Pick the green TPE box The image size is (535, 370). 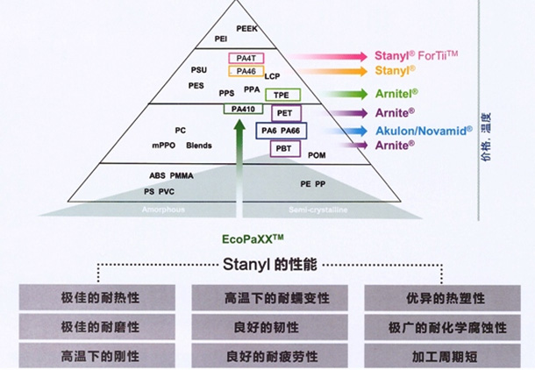[282, 95]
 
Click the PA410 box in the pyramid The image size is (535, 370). [239, 109]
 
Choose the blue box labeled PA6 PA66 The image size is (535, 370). [280, 131]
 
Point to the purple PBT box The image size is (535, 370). [283, 149]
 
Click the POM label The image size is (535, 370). [317, 155]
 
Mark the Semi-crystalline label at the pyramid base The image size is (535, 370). [315, 210]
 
